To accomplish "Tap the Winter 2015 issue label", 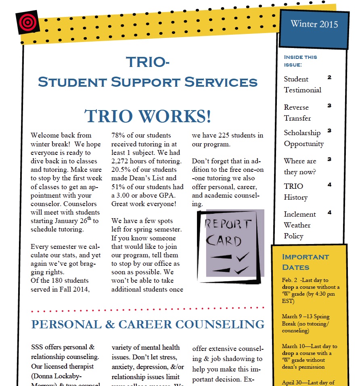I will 314,24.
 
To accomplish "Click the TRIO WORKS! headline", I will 148,116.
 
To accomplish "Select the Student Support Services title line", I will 147,82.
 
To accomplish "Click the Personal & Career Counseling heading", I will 148,324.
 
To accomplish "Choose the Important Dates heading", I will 306,262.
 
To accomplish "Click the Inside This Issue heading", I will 301,61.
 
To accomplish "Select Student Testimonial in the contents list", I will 302,84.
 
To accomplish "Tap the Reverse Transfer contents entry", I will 297,113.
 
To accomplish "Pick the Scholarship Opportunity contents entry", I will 303,138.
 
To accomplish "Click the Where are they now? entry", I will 300,166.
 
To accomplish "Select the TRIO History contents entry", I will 295,192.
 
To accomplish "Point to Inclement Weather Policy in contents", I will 299,225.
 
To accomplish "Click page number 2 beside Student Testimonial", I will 329,77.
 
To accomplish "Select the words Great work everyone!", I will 144,204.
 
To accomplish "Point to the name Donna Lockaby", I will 61,375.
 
